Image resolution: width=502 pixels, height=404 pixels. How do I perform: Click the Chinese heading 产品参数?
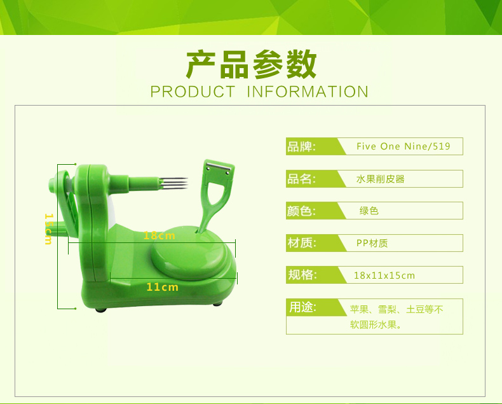252,64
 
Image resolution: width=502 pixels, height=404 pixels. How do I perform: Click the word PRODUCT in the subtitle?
193,92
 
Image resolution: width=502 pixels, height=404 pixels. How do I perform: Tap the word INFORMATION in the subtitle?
308,92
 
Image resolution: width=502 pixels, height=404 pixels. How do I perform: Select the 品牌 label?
301,146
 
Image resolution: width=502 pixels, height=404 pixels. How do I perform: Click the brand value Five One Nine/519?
404,146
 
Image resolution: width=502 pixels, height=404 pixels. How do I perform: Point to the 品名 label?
301,179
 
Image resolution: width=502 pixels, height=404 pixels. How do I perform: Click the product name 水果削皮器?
381,179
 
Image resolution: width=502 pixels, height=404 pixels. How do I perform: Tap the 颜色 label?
301,211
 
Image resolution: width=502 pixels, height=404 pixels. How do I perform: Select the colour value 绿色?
369,211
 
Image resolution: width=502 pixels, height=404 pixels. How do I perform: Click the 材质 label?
302,243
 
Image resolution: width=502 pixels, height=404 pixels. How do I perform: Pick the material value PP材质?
372,243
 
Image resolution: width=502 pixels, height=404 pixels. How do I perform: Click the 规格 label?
302,275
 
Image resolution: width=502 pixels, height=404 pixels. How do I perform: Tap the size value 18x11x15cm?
384,275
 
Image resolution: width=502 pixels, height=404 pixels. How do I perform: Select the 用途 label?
302,307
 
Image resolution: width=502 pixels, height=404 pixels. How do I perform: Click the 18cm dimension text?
159,235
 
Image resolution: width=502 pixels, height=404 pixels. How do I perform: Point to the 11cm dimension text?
162,287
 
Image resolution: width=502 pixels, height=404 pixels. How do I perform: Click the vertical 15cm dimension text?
48,229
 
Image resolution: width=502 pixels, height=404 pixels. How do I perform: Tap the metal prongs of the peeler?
173,183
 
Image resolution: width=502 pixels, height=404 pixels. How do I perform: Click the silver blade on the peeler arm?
219,167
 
